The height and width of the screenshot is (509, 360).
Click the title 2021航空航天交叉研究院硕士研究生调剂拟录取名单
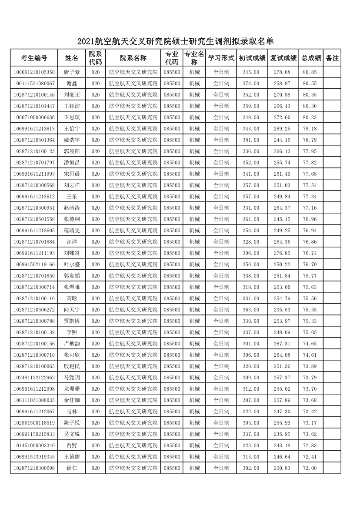point(176,42)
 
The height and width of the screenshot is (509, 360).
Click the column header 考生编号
point(34,58)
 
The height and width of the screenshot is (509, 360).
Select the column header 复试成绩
point(283,58)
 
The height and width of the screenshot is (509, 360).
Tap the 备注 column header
point(332,58)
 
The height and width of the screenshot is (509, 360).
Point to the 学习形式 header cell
point(221,58)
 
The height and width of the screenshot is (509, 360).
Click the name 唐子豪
point(72,72)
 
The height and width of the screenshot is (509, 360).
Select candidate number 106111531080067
point(34,83)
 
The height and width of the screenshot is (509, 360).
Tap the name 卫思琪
point(72,117)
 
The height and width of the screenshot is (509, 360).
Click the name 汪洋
point(72,241)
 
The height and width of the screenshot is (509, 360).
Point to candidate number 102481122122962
point(34,377)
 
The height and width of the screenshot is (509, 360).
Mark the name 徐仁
point(72,468)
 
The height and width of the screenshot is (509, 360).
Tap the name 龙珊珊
point(72,388)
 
